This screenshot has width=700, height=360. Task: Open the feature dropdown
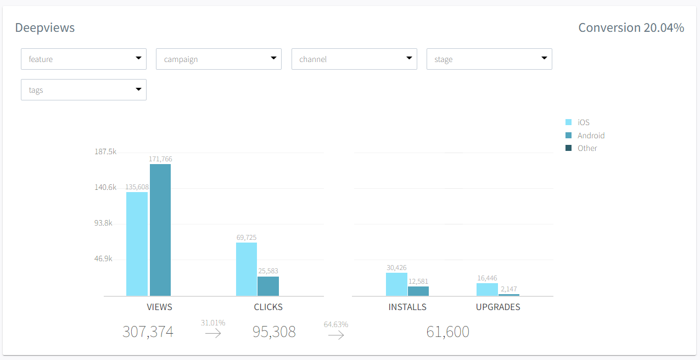tap(83, 59)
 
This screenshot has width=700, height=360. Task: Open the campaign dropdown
tap(219, 59)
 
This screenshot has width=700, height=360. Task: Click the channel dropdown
tap(354, 59)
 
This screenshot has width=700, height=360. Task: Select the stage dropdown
tap(489, 59)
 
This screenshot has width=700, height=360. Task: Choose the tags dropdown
tap(83, 90)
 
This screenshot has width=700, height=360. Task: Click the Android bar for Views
tap(160, 230)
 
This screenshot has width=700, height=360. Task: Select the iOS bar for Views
tap(137, 244)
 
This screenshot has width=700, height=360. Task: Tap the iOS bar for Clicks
tap(247, 269)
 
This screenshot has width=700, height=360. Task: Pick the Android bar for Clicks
tap(268, 286)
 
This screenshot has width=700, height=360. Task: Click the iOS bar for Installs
tap(396, 284)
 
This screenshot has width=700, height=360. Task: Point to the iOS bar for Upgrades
tap(487, 289)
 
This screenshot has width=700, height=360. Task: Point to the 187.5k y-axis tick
tap(105, 151)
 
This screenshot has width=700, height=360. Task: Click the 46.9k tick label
tap(104, 258)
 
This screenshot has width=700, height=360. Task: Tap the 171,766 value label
tap(160, 159)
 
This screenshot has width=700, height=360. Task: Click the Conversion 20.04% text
tap(631, 27)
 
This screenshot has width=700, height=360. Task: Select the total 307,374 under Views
tap(148, 332)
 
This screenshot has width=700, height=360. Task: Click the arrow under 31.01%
tap(213, 333)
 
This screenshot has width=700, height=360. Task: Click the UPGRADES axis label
tap(498, 307)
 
